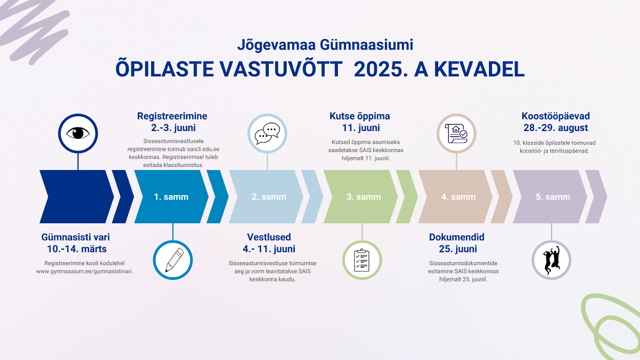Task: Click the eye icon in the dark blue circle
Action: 78,133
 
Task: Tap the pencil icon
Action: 174,260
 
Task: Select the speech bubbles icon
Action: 267,134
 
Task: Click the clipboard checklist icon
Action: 361,260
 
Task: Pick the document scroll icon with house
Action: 456,133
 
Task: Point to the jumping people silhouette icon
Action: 551,260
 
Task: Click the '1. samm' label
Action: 171,197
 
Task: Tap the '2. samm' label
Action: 269,197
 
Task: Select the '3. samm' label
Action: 364,197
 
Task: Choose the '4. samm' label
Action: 458,197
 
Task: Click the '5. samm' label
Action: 553,197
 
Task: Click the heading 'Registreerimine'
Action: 172,116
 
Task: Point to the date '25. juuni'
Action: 458,249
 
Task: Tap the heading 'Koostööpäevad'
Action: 556,116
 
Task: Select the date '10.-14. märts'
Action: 77,249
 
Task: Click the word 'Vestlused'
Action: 269,237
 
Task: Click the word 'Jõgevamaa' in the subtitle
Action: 276,45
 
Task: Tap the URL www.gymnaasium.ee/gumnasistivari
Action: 84,271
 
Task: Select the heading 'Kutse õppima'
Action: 360,116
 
